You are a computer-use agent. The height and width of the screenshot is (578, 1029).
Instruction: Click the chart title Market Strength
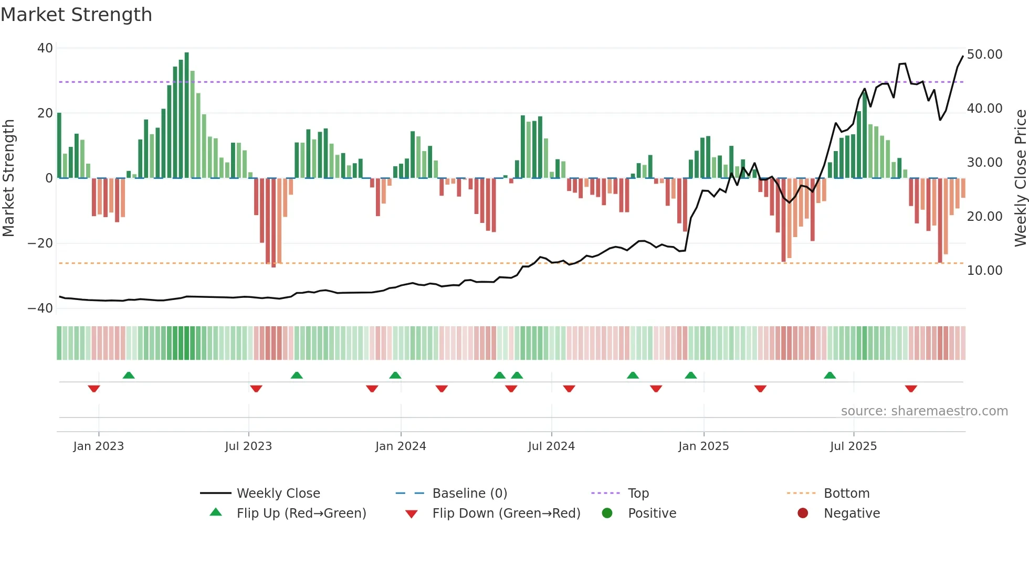click(76, 15)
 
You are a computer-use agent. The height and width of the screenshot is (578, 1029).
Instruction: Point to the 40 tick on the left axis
click(45, 48)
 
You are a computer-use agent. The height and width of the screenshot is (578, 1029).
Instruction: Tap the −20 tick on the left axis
click(40, 243)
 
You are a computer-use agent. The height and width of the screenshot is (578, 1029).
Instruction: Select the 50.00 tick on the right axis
click(984, 55)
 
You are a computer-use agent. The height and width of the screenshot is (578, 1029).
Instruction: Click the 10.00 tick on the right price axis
click(984, 271)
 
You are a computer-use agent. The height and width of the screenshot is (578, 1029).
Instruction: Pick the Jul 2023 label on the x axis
click(248, 446)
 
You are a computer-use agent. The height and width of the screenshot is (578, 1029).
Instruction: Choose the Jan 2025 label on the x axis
click(703, 446)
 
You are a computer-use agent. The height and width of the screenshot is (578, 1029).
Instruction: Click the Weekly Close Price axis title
click(1020, 178)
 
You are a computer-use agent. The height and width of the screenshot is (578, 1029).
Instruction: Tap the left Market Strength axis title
click(9, 178)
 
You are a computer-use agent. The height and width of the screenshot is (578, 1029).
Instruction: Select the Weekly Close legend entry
click(278, 494)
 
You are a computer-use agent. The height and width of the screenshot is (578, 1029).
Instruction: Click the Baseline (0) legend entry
click(469, 494)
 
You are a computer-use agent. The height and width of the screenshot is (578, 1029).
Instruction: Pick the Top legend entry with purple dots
click(638, 494)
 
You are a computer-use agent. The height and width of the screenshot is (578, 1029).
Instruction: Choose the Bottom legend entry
click(846, 494)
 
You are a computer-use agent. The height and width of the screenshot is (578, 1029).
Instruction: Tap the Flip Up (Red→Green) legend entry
click(301, 513)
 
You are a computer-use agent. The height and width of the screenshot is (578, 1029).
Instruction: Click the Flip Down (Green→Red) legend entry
click(506, 513)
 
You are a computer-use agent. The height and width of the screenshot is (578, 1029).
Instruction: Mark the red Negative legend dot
click(803, 513)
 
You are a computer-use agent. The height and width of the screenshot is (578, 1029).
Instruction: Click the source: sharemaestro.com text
click(924, 411)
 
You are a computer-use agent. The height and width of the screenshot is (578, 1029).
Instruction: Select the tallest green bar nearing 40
click(187, 115)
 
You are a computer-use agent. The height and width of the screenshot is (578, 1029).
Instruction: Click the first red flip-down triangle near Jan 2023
click(94, 389)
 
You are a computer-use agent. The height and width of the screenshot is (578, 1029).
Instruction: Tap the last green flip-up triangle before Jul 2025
click(829, 375)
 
